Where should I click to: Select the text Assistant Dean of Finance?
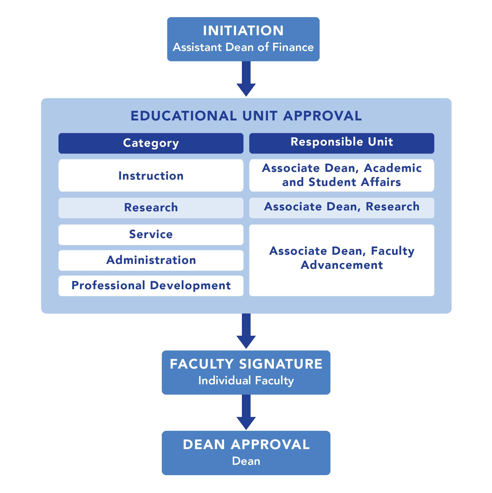tap(243, 47)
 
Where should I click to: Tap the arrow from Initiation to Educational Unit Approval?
tap(246, 79)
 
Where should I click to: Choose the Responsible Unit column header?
tap(341, 142)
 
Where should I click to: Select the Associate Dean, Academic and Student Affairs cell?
tap(341, 175)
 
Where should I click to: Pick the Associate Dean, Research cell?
tap(341, 207)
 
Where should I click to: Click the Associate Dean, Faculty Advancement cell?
tap(341, 258)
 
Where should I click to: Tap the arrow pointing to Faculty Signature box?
tap(246, 331)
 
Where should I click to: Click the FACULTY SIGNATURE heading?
tap(246, 364)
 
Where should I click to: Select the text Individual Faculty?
tap(246, 381)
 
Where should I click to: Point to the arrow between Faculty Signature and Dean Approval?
tap(246, 412)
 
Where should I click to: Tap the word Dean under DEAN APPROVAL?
tap(246, 461)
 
